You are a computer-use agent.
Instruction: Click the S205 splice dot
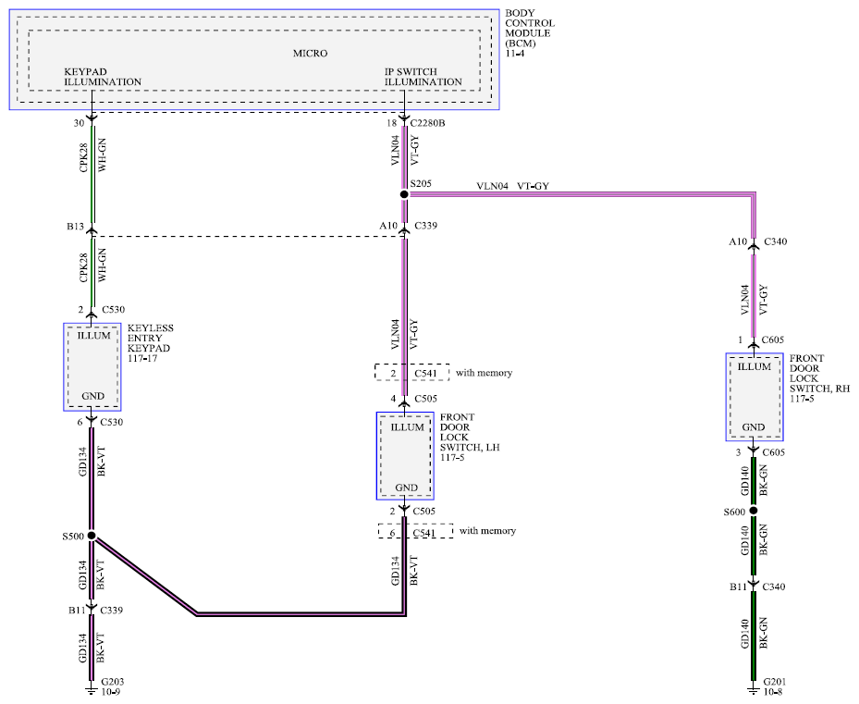pyautogui.click(x=404, y=194)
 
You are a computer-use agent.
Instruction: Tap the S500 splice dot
pyautogui.click(x=92, y=536)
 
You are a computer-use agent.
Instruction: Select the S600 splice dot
pyautogui.click(x=754, y=511)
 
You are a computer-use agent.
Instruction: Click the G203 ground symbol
pyautogui.click(x=92, y=690)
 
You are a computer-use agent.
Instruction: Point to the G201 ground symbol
pyautogui.click(x=754, y=690)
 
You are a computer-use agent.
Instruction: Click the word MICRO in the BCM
pyautogui.click(x=310, y=53)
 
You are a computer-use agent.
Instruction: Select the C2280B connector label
pyautogui.click(x=427, y=123)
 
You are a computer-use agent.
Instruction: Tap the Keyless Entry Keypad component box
pyautogui.click(x=92, y=367)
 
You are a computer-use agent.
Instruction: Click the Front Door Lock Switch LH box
pyautogui.click(x=405, y=456)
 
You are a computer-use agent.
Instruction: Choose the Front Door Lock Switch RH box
pyautogui.click(x=755, y=397)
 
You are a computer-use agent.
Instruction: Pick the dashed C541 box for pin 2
pyautogui.click(x=412, y=372)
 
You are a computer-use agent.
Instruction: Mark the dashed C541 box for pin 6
pyautogui.click(x=415, y=531)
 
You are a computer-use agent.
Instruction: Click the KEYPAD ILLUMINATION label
pyautogui.click(x=103, y=77)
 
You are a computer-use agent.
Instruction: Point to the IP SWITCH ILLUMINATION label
pyautogui.click(x=423, y=77)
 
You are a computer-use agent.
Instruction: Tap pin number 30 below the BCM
pyautogui.click(x=79, y=123)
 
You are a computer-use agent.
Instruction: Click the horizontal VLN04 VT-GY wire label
pyautogui.click(x=512, y=186)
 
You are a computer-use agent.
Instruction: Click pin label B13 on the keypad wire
pyautogui.click(x=75, y=227)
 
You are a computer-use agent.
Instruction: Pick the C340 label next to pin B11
pyautogui.click(x=774, y=587)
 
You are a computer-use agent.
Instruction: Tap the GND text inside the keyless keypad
pyautogui.click(x=92, y=396)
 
